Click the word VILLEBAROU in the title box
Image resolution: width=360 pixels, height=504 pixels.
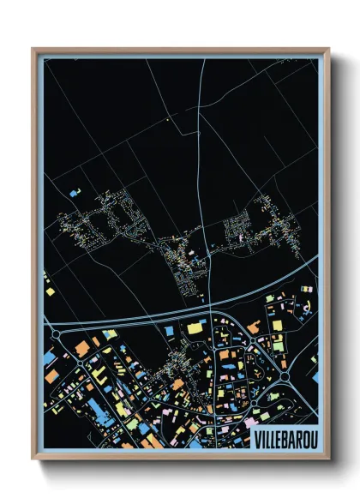[285, 438]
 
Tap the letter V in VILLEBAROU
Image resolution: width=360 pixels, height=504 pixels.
[259, 438]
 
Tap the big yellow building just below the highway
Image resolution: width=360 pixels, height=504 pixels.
[196, 327]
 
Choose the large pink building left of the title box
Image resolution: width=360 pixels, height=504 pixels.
[249, 423]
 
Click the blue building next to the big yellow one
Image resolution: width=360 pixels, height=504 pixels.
[170, 329]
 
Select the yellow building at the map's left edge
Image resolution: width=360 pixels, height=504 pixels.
[50, 291]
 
